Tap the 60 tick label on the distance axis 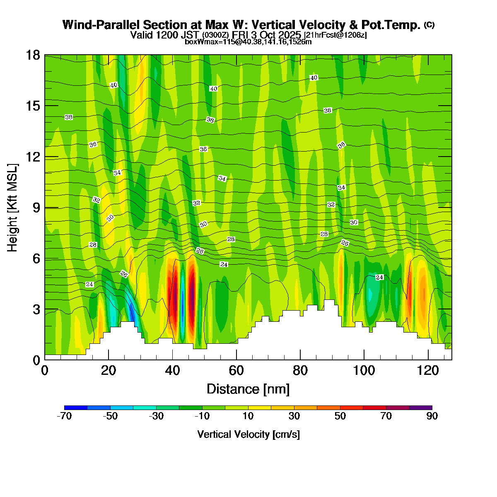coord(236,370)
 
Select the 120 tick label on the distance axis coord(428,370)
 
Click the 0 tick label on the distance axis coord(45,370)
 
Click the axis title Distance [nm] coord(248,389)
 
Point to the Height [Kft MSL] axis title coord(13,207)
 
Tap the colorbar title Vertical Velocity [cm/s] coord(248,434)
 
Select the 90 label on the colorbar coord(432,417)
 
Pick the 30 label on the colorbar coord(294,417)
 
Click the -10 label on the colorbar coord(202,417)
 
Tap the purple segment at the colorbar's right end coord(420,408)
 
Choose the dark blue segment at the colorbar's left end coord(76,408)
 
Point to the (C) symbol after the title coord(429,25)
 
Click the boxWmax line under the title coord(248,42)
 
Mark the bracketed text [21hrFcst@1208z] coord(335,35)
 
